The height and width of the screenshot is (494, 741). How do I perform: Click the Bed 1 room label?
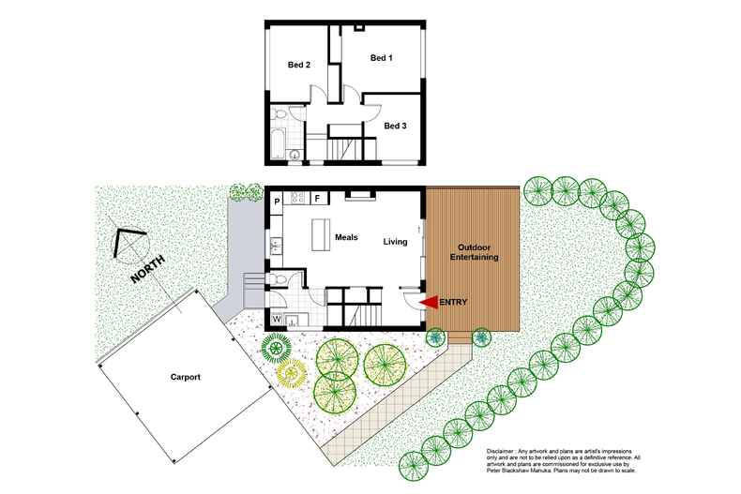381,58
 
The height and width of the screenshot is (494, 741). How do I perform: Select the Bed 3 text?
396,125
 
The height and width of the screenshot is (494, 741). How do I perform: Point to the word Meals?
347,237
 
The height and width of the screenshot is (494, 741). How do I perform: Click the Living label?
395,242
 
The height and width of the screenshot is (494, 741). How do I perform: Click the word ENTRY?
453,302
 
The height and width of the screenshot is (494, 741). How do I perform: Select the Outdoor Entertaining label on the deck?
473,251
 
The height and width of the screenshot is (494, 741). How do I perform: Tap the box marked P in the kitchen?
278,200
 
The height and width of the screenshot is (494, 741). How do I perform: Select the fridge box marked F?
317,199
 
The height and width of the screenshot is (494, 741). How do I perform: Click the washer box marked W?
278,319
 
